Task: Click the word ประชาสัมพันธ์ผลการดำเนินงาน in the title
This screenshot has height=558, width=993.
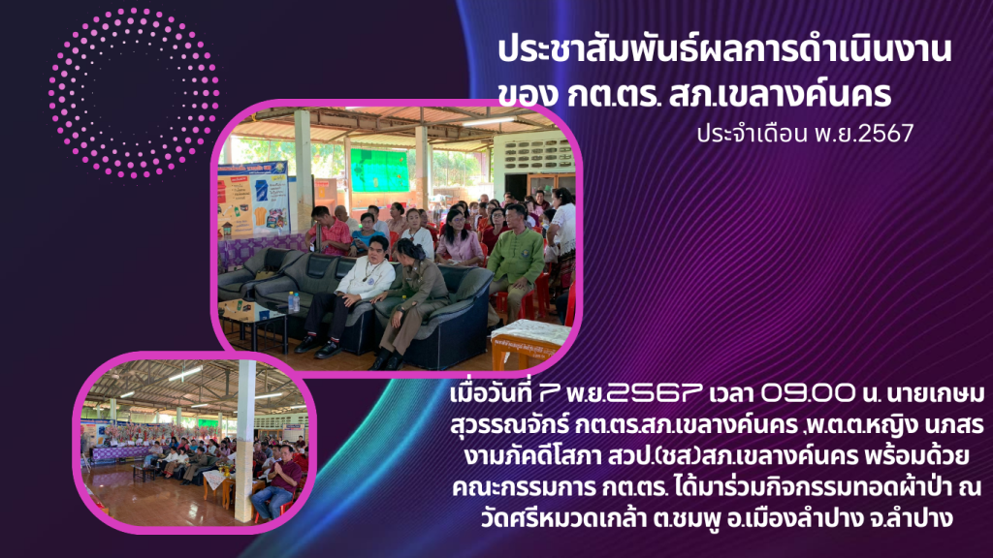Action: [x=723, y=50]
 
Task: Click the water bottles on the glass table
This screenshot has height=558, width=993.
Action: [x=294, y=302]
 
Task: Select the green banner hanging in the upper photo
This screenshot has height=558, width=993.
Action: [x=380, y=170]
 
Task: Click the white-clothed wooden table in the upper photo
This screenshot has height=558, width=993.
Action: [x=530, y=342]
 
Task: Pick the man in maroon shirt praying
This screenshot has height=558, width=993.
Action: [x=278, y=480]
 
